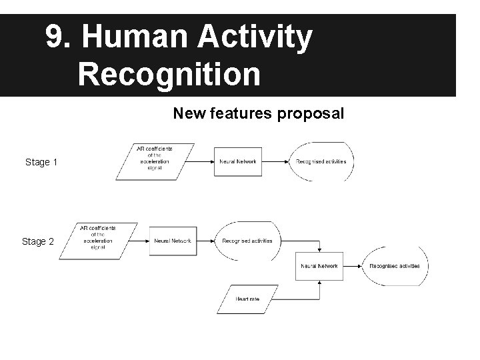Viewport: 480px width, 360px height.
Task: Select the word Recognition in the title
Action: [x=169, y=74]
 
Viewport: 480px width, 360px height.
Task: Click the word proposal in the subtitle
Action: [x=310, y=114]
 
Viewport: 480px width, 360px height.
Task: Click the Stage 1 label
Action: [x=41, y=162]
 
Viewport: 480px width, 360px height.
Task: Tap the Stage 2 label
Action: [x=38, y=241]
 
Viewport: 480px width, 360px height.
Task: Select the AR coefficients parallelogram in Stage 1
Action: [x=155, y=161]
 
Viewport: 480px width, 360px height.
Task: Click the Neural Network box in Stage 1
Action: [x=238, y=161]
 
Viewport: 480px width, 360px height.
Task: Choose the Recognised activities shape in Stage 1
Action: [x=321, y=161]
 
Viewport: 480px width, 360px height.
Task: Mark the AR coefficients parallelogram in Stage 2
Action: [x=98, y=241]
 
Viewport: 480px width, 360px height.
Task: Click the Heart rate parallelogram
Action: [x=247, y=299]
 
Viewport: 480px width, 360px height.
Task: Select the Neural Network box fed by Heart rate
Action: [x=319, y=265]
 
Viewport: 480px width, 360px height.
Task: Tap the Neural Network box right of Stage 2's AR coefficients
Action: [x=173, y=241]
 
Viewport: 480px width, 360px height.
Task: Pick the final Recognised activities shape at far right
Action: [x=395, y=265]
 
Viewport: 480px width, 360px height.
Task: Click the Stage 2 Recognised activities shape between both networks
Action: [x=247, y=241]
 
